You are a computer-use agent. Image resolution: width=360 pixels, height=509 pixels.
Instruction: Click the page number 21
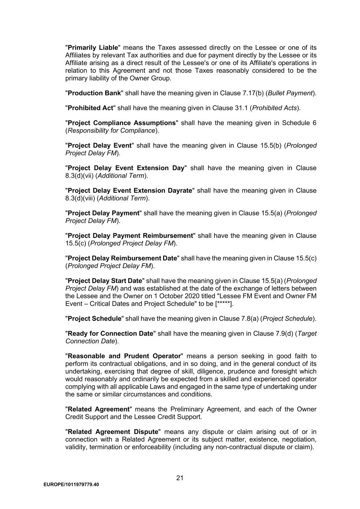coord(180,478)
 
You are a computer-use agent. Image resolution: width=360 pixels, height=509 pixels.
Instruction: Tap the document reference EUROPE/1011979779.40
coord(71,485)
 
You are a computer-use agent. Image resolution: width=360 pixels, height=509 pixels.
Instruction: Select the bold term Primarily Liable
coord(93,48)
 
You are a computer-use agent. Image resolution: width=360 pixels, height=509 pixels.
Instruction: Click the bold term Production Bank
coord(94,93)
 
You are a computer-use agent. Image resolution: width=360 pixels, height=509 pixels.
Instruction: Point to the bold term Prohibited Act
coord(90,108)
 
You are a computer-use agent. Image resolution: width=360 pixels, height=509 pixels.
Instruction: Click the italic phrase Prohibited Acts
coord(275,108)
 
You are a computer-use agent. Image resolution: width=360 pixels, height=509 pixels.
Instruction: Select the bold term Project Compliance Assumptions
coord(122,123)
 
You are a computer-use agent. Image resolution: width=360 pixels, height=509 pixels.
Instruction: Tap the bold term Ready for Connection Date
coord(110,334)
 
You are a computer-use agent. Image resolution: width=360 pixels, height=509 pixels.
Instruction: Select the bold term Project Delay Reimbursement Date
coord(122,258)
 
